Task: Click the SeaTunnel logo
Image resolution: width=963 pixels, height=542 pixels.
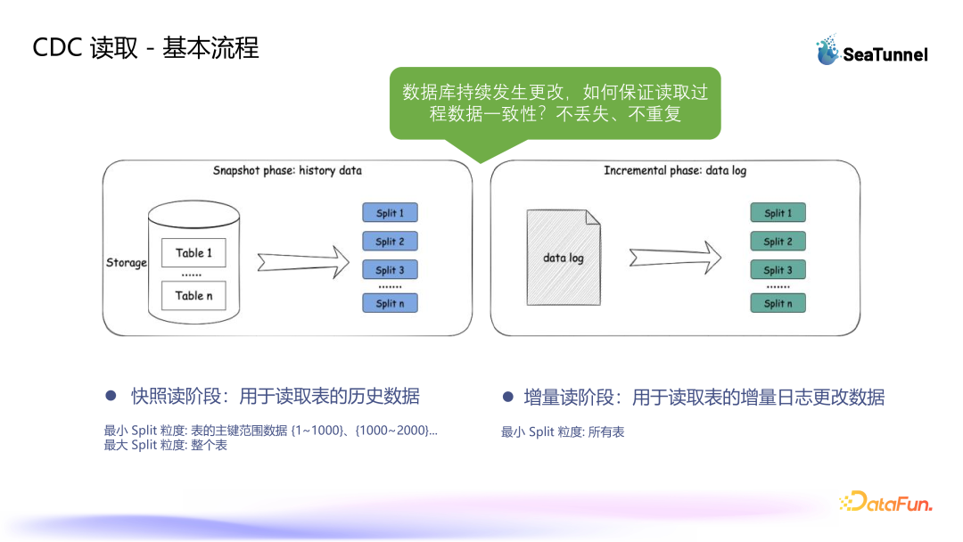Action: (871, 52)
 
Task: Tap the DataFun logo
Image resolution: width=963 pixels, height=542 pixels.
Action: (885, 502)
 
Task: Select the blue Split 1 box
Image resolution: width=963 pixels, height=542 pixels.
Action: (390, 213)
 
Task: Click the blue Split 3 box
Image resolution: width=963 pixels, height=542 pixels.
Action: (390, 270)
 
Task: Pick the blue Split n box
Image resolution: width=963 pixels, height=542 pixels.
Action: (390, 303)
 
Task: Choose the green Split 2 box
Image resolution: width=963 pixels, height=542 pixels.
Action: (778, 242)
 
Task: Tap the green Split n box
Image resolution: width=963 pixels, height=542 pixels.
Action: (778, 303)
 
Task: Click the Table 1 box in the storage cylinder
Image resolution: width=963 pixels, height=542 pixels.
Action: (193, 253)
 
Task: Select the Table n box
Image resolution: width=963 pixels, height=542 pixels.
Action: (193, 296)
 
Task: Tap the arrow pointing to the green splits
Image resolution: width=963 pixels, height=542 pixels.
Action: (674, 258)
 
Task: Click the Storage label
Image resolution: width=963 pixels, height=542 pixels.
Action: (126, 263)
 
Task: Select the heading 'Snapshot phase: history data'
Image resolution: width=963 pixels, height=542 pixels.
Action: (287, 170)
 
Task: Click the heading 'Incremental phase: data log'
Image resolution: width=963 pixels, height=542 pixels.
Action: (675, 170)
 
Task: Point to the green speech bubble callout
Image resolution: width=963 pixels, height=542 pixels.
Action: (555, 103)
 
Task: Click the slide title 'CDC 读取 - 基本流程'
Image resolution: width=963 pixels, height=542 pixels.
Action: (145, 48)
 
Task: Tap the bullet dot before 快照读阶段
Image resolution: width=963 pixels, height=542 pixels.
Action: (111, 395)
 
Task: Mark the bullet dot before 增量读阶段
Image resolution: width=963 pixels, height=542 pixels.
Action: (507, 396)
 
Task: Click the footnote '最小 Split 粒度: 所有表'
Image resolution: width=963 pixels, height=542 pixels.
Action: (563, 432)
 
